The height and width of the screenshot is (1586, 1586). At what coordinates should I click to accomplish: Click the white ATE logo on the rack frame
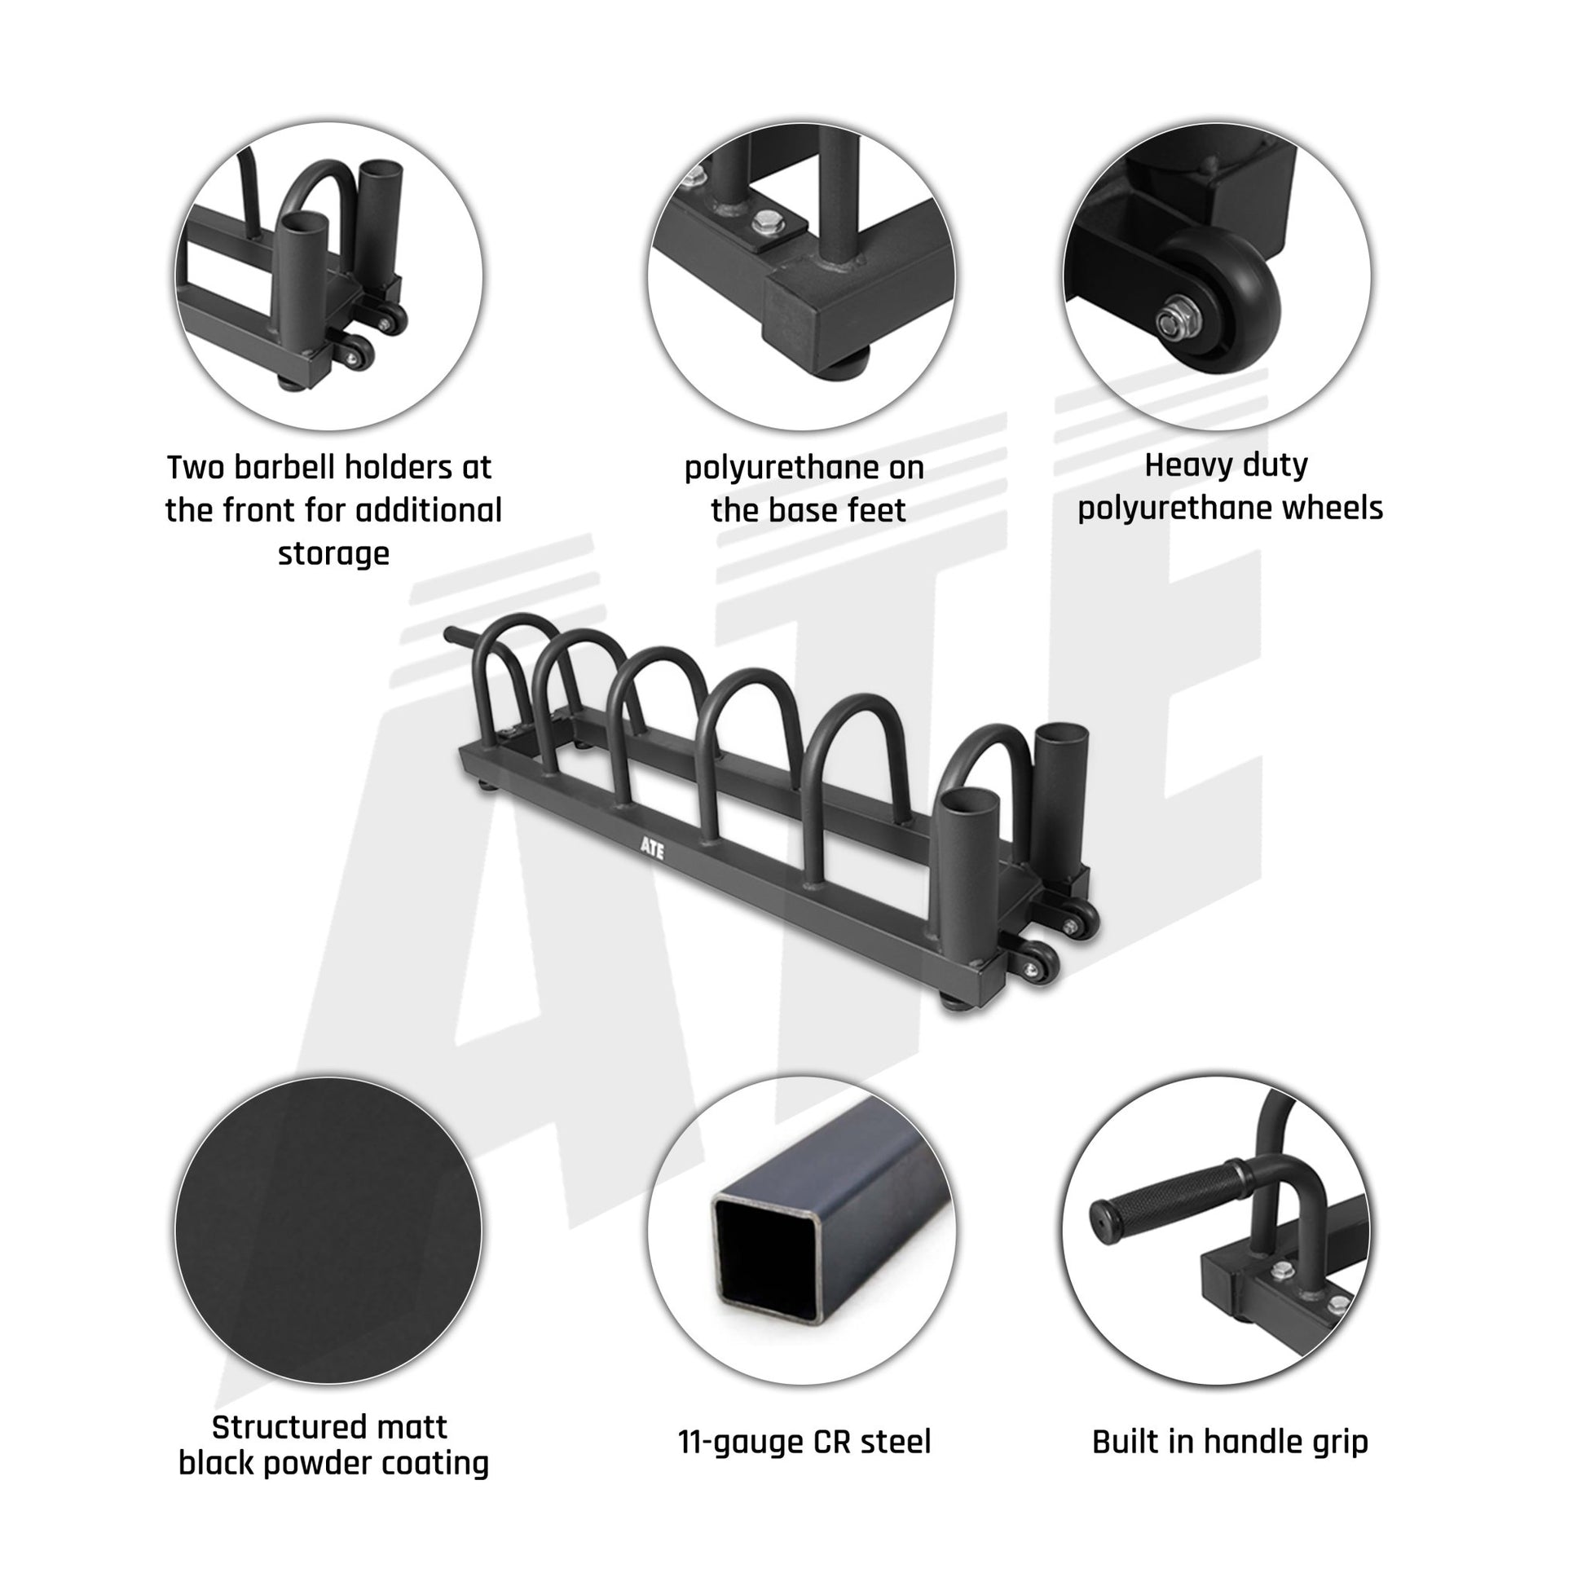coord(653,848)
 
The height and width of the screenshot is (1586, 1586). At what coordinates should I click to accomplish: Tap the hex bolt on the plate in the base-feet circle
coord(766,220)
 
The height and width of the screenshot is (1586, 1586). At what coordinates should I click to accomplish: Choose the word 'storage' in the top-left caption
coord(333,553)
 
